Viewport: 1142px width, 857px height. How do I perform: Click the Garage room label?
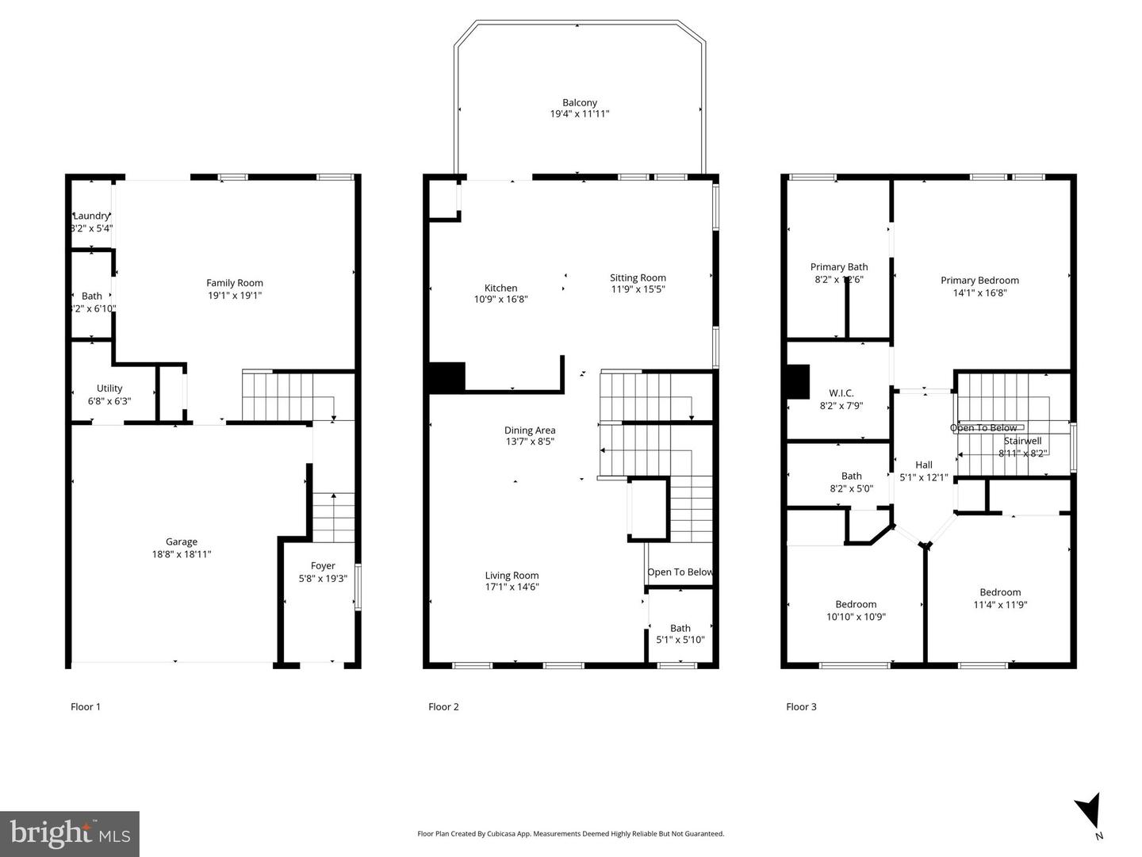(182, 542)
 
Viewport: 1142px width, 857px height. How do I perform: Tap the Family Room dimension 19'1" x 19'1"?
(235, 296)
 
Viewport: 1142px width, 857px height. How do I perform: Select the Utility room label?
(109, 388)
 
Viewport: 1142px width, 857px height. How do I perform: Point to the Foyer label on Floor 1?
(323, 566)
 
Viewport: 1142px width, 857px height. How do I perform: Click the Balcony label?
(580, 103)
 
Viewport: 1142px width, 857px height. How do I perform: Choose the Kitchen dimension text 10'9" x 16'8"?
(500, 300)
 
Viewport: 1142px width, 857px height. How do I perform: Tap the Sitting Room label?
(638, 277)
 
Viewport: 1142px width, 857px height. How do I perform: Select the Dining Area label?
(530, 430)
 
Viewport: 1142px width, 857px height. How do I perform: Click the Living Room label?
(512, 576)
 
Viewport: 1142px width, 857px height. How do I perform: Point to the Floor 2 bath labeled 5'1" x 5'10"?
(680, 633)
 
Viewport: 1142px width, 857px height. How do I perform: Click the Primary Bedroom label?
(979, 280)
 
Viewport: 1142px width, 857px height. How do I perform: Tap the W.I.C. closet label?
(841, 393)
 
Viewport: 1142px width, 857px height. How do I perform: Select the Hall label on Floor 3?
(924, 465)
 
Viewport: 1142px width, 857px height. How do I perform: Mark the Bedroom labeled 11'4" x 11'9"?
(1000, 598)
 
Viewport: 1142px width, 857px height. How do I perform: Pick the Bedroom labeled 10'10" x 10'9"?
(856, 610)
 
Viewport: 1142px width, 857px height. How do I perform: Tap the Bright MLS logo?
(70, 834)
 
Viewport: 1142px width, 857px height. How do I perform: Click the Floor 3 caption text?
(801, 707)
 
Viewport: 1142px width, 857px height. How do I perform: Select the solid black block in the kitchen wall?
(446, 378)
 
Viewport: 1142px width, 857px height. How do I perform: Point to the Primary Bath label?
(839, 267)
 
